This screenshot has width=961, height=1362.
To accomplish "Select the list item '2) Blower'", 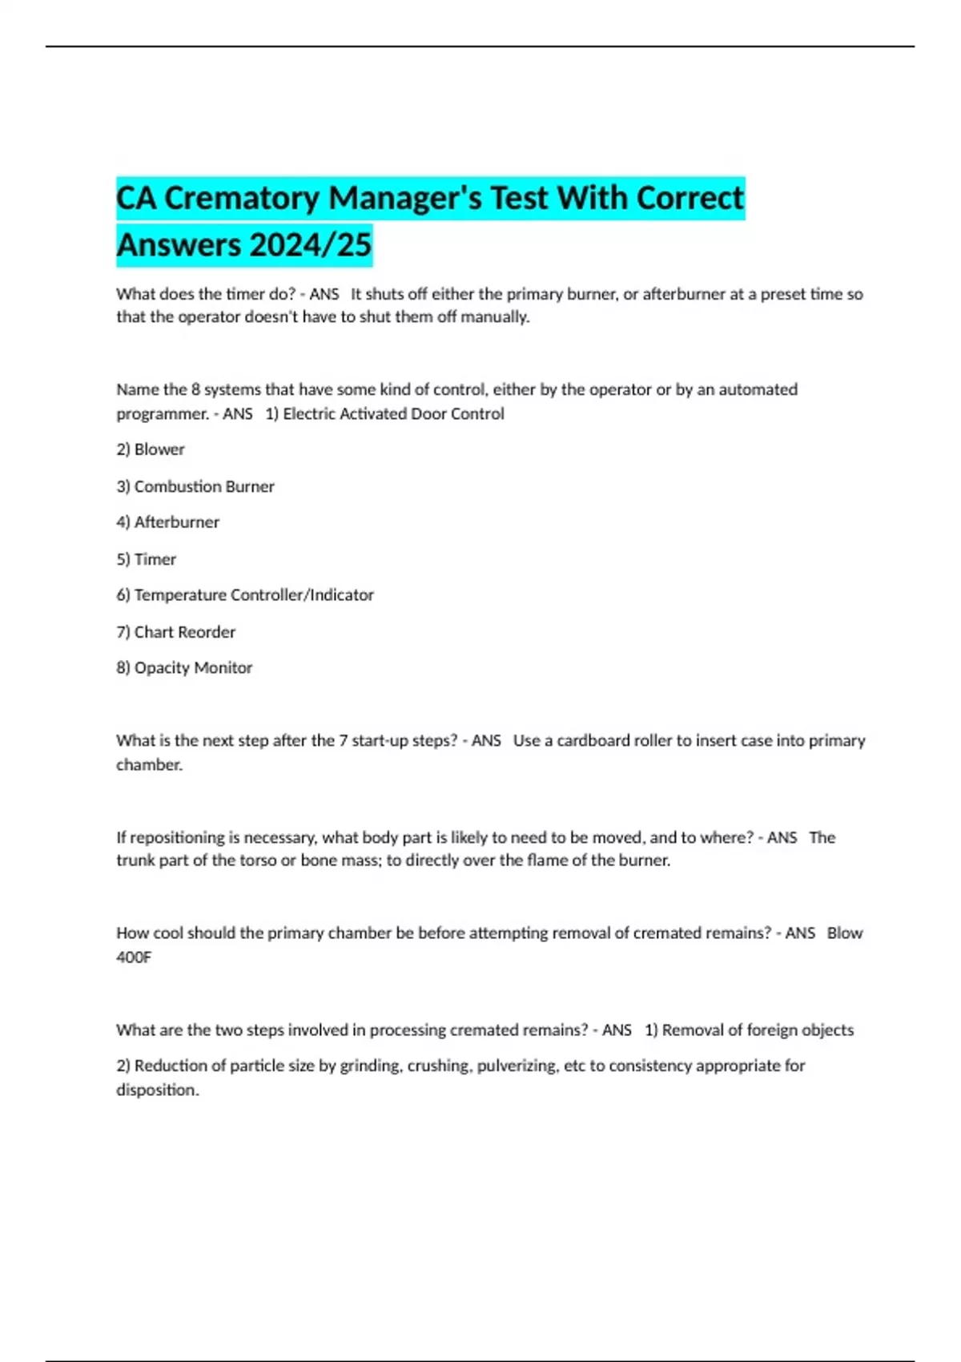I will point(151,449).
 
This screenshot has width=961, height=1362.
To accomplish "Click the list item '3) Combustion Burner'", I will point(195,486).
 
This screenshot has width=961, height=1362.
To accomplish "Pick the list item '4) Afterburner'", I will point(167,522).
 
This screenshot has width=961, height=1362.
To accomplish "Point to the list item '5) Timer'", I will point(146,559).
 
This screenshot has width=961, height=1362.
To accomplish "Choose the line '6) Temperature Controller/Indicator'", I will point(245,595).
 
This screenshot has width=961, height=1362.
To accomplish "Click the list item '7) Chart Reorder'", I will point(176,632).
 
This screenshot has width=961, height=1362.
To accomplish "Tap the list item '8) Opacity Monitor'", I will point(184,668).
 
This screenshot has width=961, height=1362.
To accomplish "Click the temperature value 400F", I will point(134,957).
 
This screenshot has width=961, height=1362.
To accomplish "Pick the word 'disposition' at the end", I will point(156,1090).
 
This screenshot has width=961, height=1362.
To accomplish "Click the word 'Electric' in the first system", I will point(309,414).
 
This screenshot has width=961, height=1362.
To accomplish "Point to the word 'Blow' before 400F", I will point(845,933).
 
